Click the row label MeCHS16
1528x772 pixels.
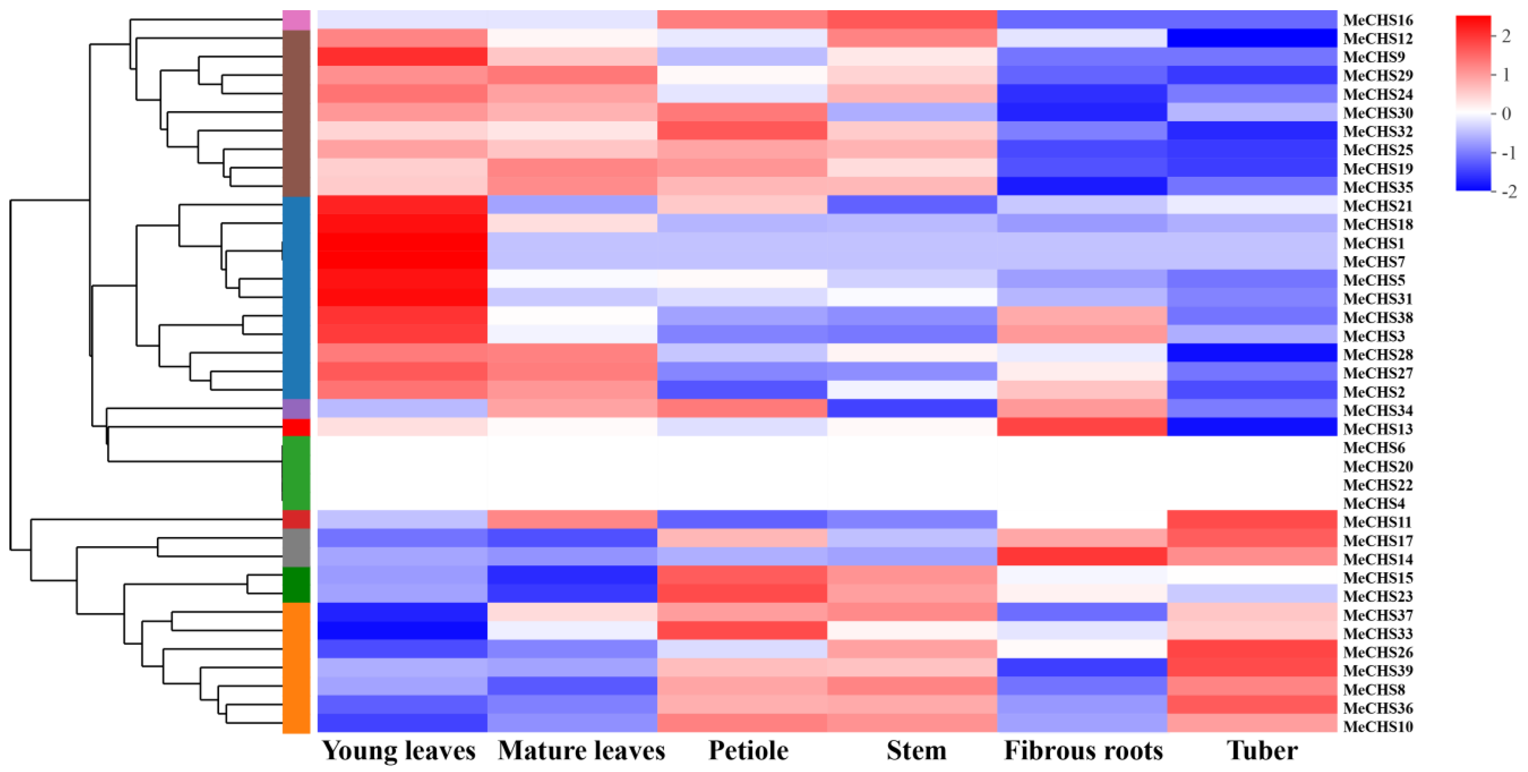point(1378,20)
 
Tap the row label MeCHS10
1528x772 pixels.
point(1378,726)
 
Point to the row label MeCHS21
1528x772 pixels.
point(1378,206)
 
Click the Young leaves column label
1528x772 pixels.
point(399,751)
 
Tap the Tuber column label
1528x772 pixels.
point(1262,751)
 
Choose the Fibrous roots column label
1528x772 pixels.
point(1083,751)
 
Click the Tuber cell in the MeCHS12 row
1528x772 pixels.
point(1252,38)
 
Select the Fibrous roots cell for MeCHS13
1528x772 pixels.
point(1082,427)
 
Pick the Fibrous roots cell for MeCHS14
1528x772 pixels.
point(1082,557)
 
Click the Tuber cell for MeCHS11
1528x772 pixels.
point(1252,520)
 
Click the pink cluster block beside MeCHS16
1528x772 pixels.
point(296,20)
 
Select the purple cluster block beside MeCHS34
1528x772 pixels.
point(296,409)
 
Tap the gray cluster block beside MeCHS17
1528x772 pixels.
point(296,548)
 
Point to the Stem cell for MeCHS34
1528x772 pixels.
point(912,409)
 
